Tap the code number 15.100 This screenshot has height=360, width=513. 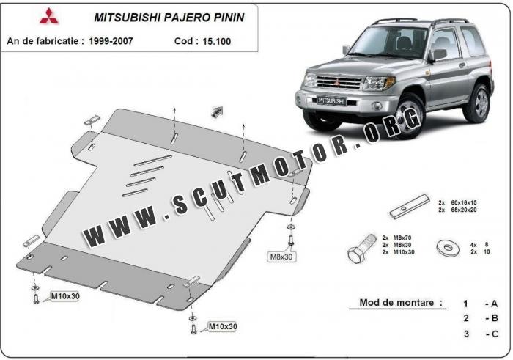pos(213,41)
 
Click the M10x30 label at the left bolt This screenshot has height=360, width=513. pos(64,297)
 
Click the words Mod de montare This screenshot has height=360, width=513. pos(401,302)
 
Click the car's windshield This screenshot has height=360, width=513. pos(388,45)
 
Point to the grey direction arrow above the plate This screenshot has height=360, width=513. pos(217,111)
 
